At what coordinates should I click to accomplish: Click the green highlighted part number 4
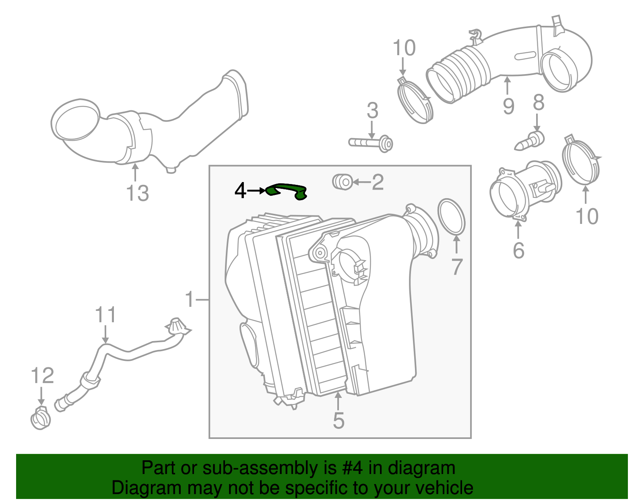pos(287,190)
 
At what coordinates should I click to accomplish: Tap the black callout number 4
pos(240,190)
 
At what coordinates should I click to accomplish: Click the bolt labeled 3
pos(370,143)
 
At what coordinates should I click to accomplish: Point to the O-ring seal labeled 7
pos(451,216)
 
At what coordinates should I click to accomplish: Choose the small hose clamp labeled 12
pos(41,419)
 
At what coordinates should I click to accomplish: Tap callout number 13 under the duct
pos(138,193)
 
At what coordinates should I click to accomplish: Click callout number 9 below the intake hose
pos(508,106)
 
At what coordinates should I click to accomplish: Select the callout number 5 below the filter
pos(339,420)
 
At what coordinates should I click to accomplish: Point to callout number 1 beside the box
pos(190,299)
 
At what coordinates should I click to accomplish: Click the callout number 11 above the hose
pos(105,315)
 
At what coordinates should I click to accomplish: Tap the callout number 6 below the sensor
pos(518,250)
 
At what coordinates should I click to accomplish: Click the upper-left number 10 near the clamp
pos(404,48)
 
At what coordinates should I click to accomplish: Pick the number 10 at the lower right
pos(587,216)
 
